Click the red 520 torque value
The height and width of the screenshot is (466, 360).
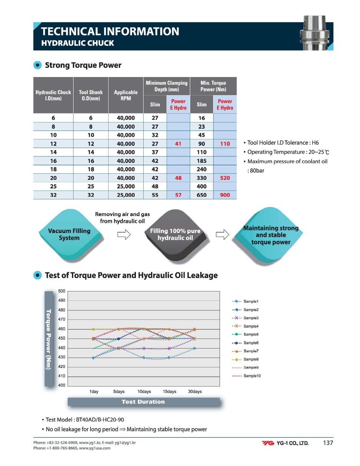225,178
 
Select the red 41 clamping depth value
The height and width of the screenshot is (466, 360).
178,144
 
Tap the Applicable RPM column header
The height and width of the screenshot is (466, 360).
126,95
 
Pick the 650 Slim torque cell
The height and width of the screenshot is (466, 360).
201,195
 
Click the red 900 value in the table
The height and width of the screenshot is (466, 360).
225,195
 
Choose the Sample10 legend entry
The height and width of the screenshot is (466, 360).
246,376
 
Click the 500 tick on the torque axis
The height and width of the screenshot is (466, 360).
62,291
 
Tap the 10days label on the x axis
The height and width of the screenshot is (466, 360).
144,391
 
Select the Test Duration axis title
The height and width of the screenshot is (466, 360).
143,402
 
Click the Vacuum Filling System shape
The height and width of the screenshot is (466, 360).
70,235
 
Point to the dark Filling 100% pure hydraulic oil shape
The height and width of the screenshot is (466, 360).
175,235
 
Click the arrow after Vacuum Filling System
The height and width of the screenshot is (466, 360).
124,235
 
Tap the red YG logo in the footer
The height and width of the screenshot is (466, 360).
268,443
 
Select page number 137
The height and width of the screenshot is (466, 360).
328,443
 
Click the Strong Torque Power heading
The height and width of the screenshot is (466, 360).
83,65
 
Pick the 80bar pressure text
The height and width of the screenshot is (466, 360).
257,171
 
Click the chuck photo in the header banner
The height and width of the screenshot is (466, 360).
315,33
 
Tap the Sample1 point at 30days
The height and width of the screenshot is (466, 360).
194,349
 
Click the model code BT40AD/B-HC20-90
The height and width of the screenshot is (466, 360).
100,420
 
